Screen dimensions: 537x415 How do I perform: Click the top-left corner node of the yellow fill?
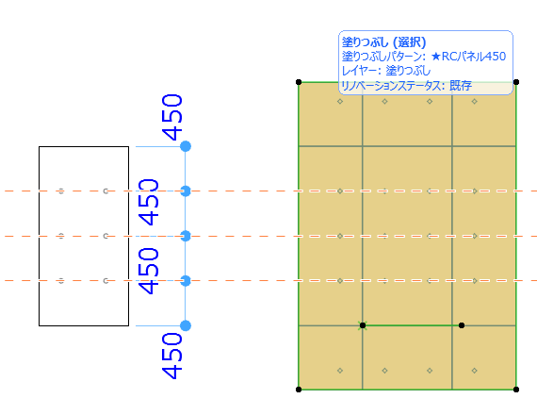click(299, 82)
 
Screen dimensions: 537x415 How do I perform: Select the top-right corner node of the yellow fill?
click(516, 82)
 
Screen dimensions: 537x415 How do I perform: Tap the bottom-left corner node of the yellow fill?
click(299, 390)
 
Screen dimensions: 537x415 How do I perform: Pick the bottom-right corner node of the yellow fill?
click(516, 390)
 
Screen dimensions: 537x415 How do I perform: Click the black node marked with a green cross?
click(363, 325)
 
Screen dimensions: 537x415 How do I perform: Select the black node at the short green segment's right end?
click(462, 325)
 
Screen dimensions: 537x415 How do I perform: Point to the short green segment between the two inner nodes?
click(412, 325)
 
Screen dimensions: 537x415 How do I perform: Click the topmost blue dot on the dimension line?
click(186, 146)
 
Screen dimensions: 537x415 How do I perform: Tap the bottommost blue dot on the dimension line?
click(186, 325)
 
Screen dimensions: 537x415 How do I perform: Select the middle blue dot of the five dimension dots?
click(186, 236)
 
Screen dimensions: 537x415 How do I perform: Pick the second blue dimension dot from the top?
click(186, 191)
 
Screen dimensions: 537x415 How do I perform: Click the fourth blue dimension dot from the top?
click(186, 281)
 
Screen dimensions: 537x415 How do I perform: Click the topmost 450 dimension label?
click(171, 117)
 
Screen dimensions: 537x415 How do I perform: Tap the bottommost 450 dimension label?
click(171, 356)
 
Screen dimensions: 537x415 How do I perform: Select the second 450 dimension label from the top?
click(148, 202)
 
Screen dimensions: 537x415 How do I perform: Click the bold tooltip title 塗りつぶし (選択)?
click(384, 42)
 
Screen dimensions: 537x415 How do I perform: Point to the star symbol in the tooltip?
click(435, 56)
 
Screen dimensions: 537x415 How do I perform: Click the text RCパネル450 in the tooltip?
click(474, 56)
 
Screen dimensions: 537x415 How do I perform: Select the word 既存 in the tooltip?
click(461, 86)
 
